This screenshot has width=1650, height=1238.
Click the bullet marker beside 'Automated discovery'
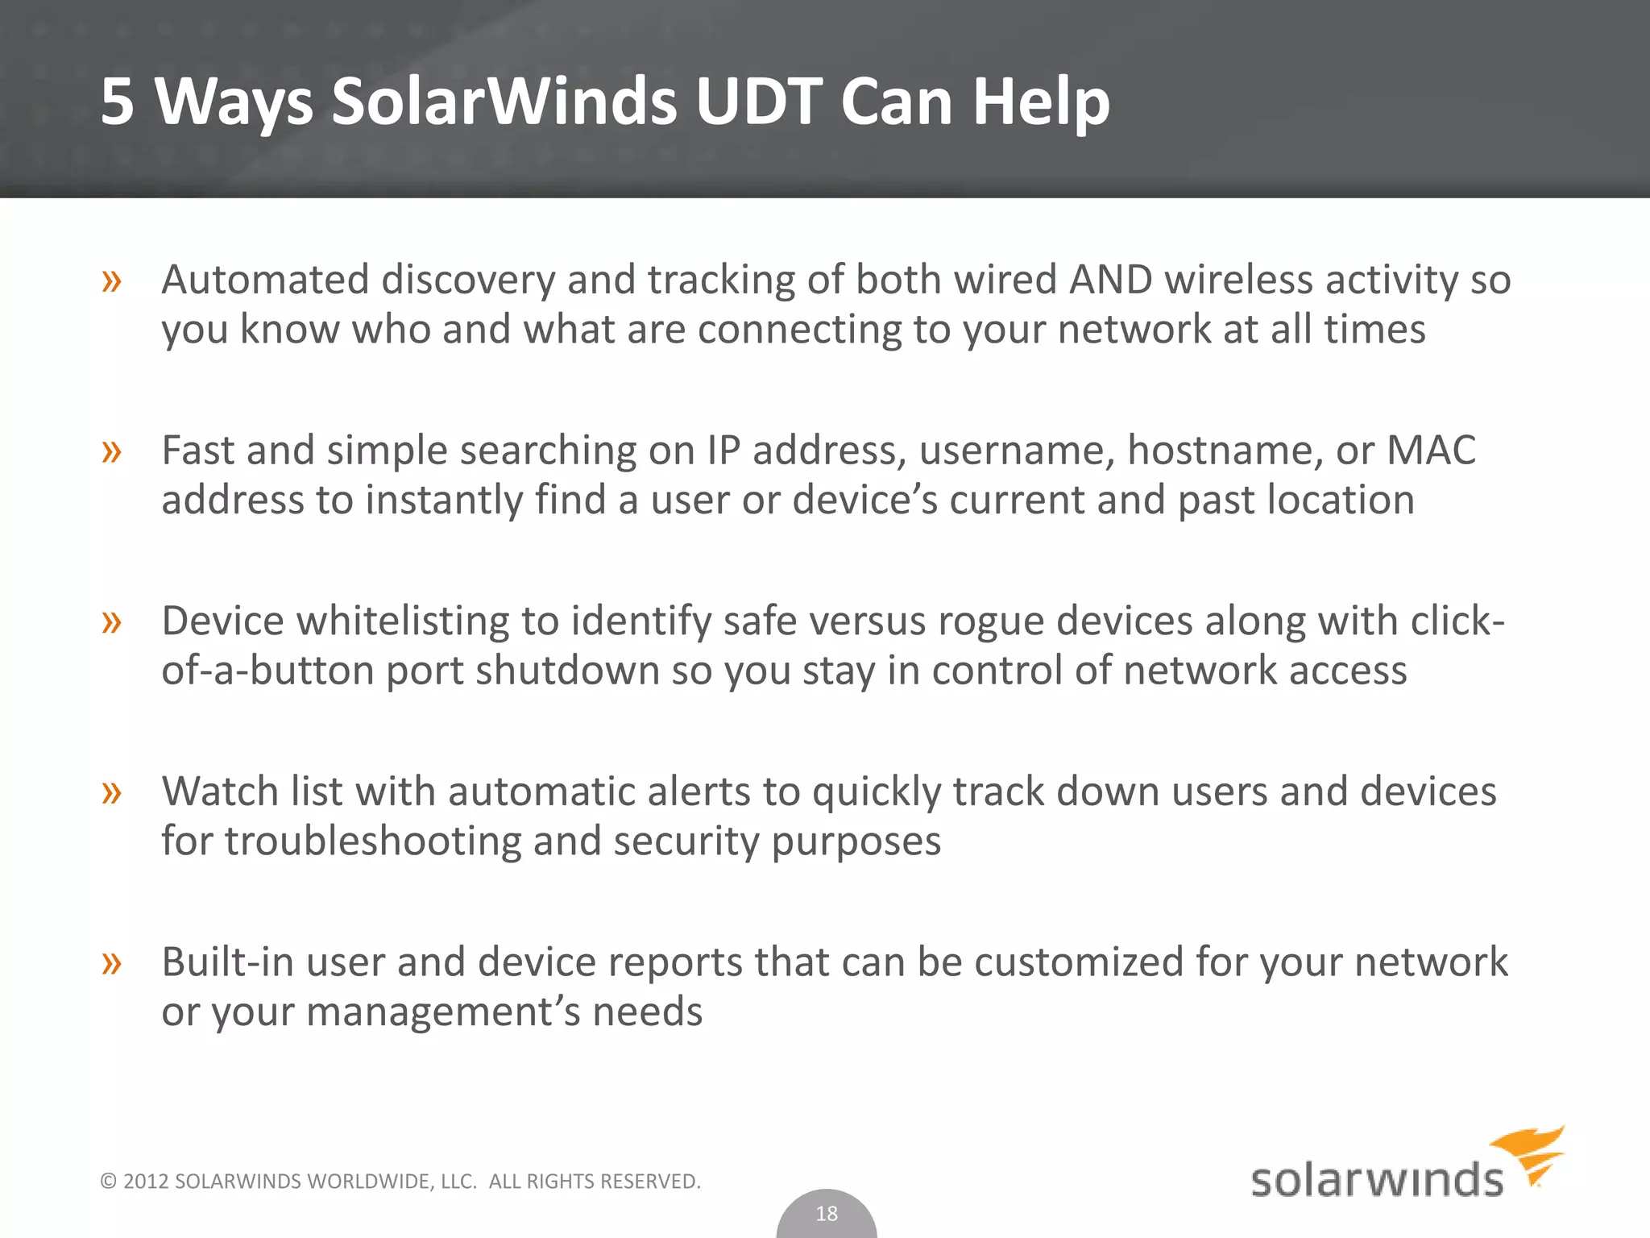[x=112, y=281]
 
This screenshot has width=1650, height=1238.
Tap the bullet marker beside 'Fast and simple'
[x=112, y=451]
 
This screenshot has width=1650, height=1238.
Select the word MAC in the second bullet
[x=1431, y=450]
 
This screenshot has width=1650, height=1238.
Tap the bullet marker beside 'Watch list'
[x=112, y=793]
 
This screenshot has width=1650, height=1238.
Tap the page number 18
[x=827, y=1213]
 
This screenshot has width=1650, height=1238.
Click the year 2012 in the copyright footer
[x=146, y=1182]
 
